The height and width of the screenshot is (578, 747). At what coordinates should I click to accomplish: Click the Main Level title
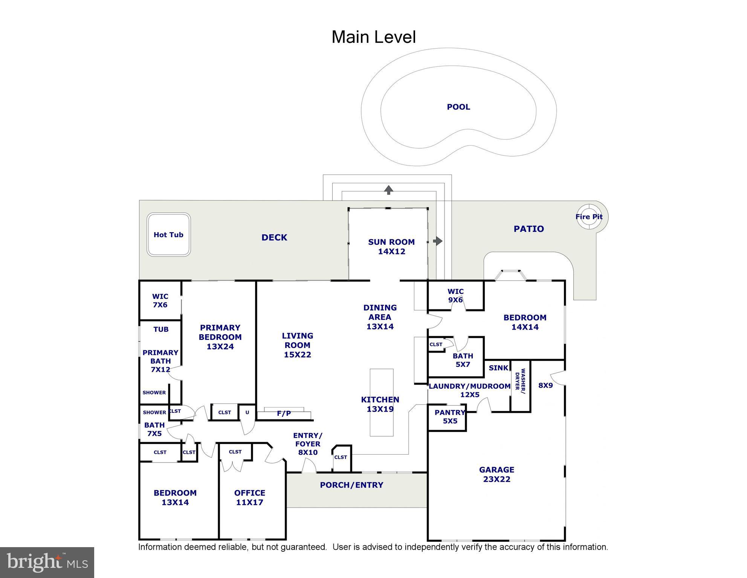tap(373, 37)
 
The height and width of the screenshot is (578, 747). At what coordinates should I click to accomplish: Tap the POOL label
tap(458, 107)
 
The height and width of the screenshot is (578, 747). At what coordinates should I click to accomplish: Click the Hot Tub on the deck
tap(168, 235)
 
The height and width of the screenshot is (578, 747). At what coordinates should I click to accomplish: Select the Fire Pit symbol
tap(588, 217)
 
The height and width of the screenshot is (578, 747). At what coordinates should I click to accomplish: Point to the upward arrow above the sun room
tap(388, 190)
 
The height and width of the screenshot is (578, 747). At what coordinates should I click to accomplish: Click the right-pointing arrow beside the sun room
tap(438, 241)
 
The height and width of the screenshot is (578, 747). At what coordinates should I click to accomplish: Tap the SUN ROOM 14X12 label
tap(391, 247)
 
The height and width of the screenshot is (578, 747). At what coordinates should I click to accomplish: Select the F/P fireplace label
tap(284, 413)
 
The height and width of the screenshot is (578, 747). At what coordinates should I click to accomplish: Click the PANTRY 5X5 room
tap(449, 417)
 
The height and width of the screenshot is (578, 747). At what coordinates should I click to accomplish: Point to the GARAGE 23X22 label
tap(496, 475)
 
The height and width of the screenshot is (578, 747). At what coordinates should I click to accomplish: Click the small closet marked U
tap(247, 412)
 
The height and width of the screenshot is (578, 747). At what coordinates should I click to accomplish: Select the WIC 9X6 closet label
tap(455, 296)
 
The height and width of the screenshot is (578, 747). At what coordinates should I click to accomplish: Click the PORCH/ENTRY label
tap(351, 485)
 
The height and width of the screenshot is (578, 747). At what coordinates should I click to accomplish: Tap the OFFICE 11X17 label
tap(249, 497)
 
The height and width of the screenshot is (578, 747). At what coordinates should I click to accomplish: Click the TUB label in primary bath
tap(161, 329)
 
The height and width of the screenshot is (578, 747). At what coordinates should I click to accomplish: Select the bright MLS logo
tap(47, 563)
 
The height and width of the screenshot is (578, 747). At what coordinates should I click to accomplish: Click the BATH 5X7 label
tap(463, 360)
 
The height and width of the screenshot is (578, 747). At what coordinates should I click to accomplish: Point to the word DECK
tap(274, 237)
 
